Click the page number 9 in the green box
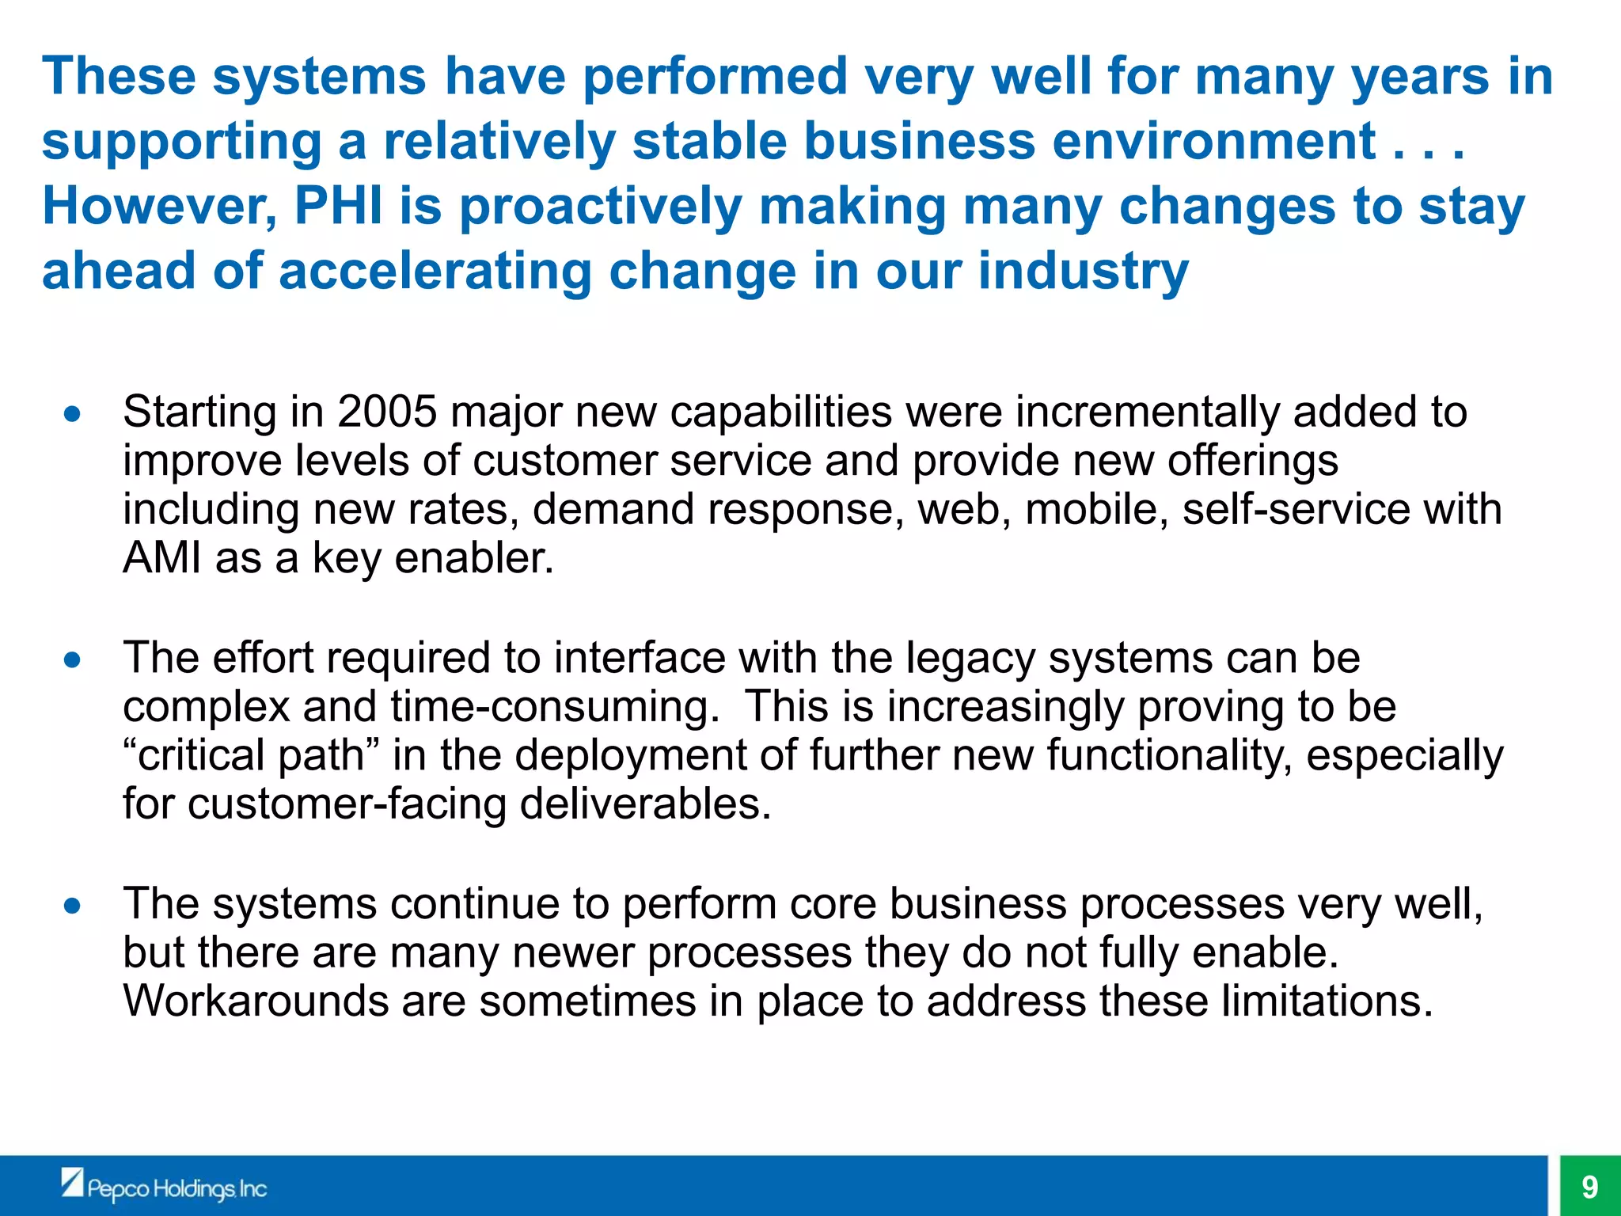coord(1589,1187)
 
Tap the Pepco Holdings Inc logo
coord(165,1186)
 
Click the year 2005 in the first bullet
coord(387,412)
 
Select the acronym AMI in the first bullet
coord(162,558)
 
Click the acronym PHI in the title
coord(339,206)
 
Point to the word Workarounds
coord(256,1001)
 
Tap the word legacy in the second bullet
coord(970,659)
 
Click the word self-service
coord(1296,509)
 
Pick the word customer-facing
coord(346,804)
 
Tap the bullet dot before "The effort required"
coord(73,659)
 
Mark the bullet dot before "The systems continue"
coord(73,905)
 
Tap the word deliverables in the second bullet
coord(644,804)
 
